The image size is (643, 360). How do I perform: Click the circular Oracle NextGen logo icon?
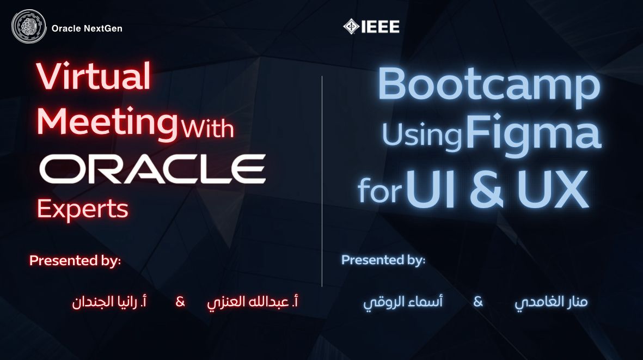click(x=29, y=27)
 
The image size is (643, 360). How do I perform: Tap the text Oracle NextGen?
click(x=87, y=28)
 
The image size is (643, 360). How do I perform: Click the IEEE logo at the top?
click(x=371, y=26)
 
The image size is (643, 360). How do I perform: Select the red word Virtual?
click(x=94, y=77)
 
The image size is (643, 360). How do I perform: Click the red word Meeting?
click(x=107, y=123)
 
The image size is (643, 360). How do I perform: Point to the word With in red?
click(x=207, y=129)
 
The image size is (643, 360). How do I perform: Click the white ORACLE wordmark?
click(x=152, y=169)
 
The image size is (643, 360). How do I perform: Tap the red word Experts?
click(x=83, y=209)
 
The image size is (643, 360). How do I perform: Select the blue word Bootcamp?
click(x=488, y=86)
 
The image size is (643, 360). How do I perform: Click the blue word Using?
click(x=422, y=136)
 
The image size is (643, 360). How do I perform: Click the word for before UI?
click(x=379, y=191)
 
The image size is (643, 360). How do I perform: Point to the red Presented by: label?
click(x=75, y=260)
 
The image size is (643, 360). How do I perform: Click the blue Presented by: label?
click(x=383, y=260)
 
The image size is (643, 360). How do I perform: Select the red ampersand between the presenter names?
click(x=180, y=302)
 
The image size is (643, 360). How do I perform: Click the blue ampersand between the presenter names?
click(x=478, y=301)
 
